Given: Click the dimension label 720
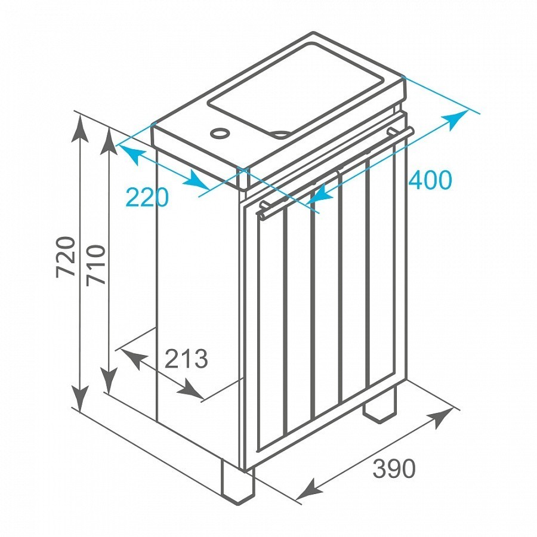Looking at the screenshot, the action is pos(66,257).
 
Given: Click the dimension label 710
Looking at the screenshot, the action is pos(95,265).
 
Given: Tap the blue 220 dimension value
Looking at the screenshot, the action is pos(147,197).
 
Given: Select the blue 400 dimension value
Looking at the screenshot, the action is pos(430,180).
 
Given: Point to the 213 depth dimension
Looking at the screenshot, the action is pos(186,359).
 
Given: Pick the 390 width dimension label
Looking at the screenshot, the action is pos(394,468).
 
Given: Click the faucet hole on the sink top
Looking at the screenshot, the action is pos(220,132).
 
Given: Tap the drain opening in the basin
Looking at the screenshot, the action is pos(282,134).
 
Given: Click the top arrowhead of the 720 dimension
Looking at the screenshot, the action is pos(79,129).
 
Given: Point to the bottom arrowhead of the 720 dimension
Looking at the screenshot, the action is pos(79,399).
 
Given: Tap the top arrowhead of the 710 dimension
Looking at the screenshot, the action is pos(109,142).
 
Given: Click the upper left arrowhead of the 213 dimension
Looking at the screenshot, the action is pos(131,359).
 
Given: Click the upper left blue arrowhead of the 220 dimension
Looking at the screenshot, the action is pos(131,155).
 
